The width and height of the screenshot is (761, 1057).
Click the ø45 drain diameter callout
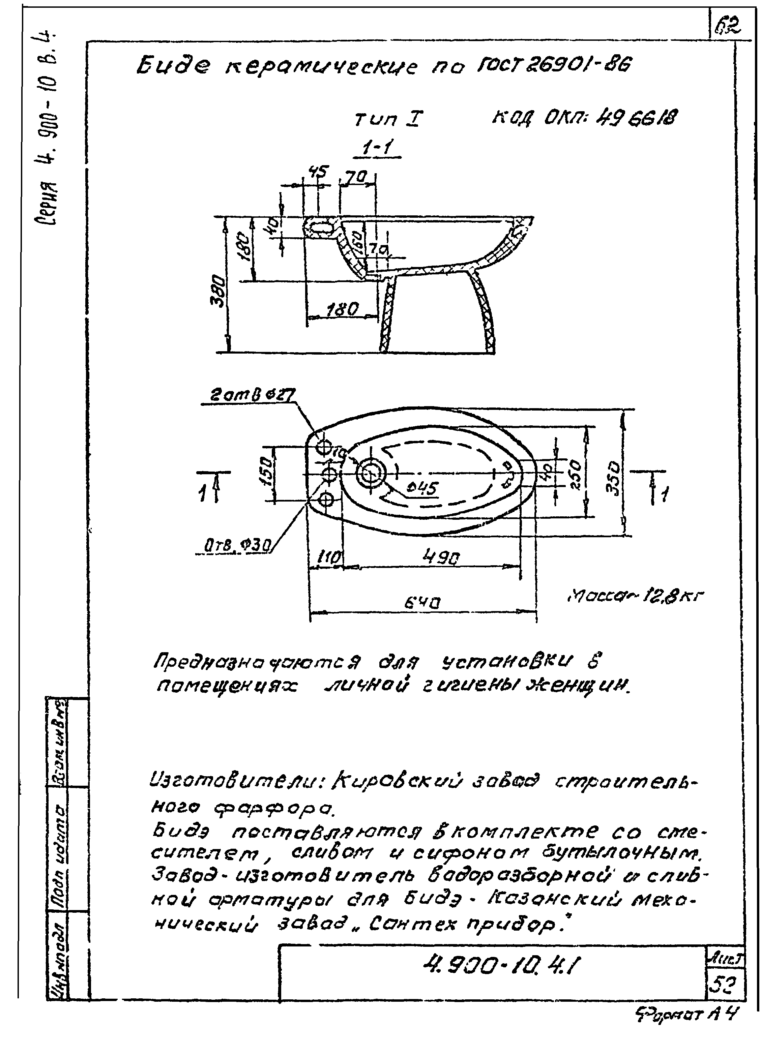point(422,488)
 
